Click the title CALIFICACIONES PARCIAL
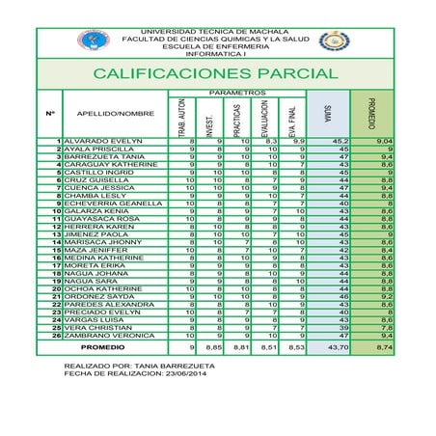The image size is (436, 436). tap(215, 73)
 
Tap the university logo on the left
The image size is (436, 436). tap(94, 41)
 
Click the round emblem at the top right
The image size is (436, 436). tap(335, 41)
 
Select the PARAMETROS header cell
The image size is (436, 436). tap(236, 93)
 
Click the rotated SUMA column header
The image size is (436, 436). tap(329, 115)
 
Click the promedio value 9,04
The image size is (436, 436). tap(383, 141)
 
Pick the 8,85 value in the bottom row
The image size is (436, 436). tap(214, 345)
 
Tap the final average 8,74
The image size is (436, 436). tap(383, 345)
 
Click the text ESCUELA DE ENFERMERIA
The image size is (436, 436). tap(216, 45)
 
